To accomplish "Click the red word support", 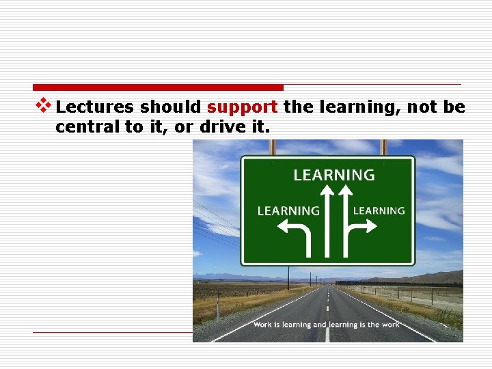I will pos(242,108).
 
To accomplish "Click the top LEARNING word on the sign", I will pos(334,175).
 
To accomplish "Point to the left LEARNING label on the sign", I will pos(288,211).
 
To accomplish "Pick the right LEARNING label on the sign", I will pos(379,210).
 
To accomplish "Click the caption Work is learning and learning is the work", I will pos(326,325).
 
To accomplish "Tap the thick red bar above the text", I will pos(158,87).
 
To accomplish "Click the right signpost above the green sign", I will pos(384,148).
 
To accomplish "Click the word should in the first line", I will pos(170,108).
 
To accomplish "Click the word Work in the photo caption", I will pos(263,325).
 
